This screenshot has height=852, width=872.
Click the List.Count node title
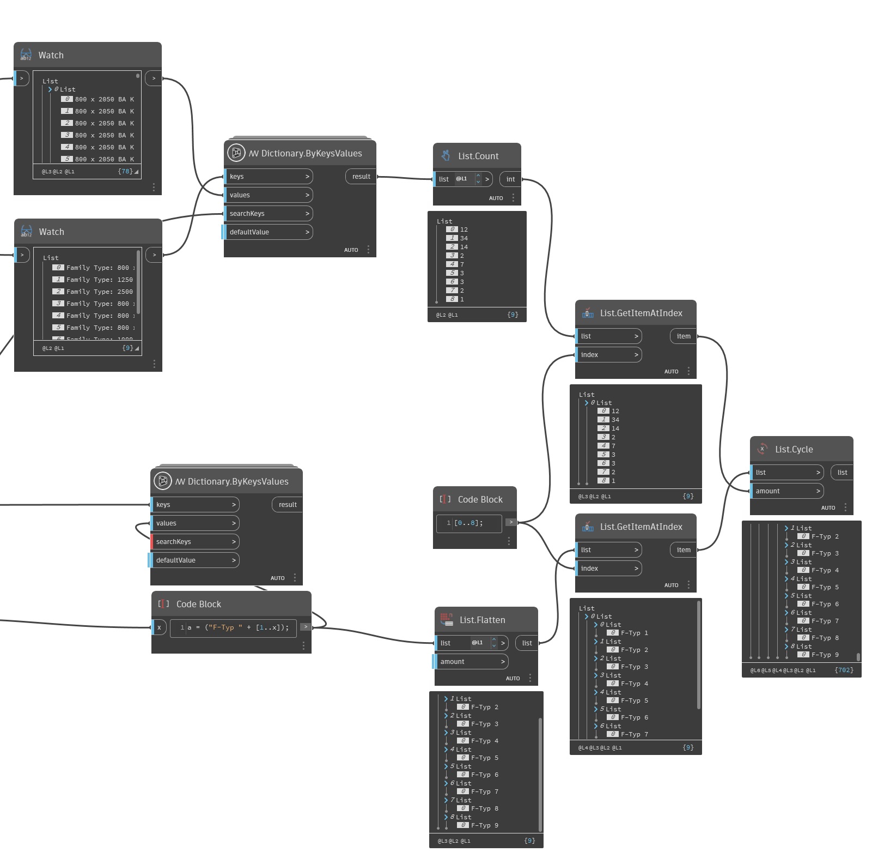[478, 156]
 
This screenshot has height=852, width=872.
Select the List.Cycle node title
[794, 449]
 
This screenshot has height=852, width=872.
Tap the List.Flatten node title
[482, 620]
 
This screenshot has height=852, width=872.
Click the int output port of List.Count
[510, 179]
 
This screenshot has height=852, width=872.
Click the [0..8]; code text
[468, 523]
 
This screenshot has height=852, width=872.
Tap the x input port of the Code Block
[159, 627]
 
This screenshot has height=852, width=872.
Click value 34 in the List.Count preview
[464, 238]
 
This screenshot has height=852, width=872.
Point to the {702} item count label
[844, 670]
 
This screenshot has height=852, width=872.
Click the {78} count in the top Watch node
[125, 171]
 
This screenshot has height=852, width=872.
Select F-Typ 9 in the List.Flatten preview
[484, 825]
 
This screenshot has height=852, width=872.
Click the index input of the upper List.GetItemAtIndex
[608, 355]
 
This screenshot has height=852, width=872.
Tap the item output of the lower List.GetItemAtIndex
[683, 550]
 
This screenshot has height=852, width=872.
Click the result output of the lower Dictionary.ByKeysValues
[287, 505]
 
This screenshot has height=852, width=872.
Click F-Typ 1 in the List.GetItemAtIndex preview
[634, 633]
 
